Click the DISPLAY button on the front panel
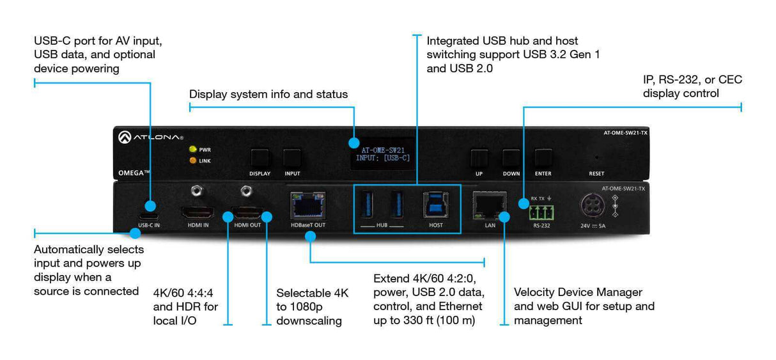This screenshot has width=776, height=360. click(260, 158)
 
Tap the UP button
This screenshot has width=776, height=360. click(479, 158)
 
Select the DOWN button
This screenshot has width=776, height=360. click(511, 158)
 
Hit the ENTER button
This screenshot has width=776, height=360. click(543, 158)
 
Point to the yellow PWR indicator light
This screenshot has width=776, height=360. click(192, 150)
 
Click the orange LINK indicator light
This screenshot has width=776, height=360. click(192, 160)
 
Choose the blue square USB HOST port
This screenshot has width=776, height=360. click(435, 204)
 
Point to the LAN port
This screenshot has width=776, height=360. click(490, 204)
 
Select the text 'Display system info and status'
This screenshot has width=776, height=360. click(268, 95)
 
